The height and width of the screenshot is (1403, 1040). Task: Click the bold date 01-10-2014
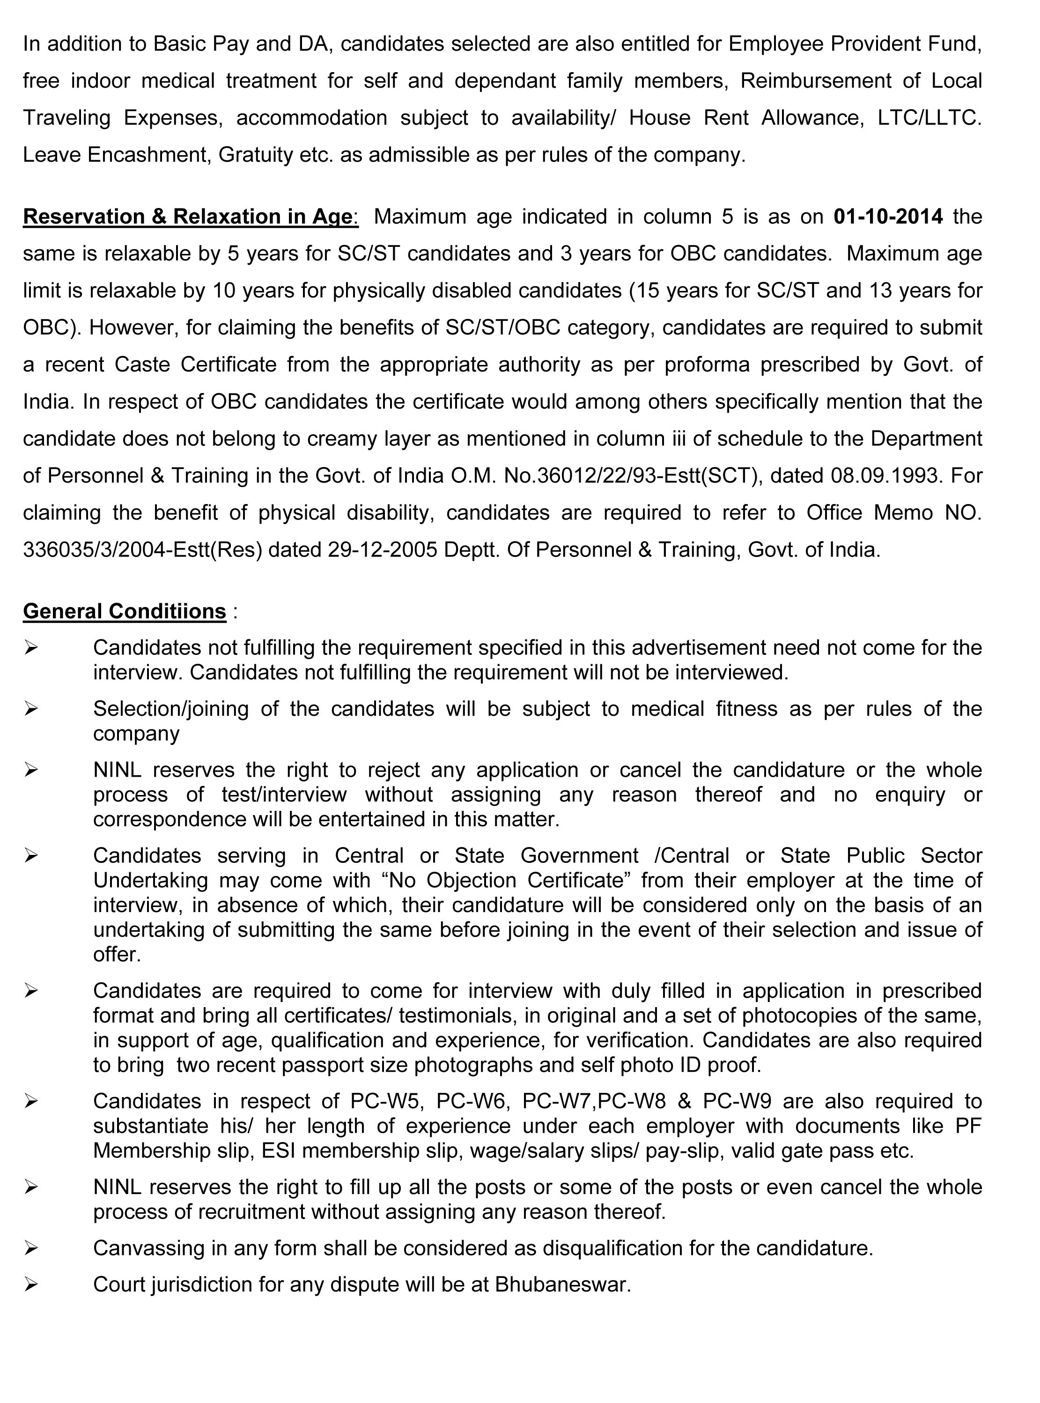[888, 216]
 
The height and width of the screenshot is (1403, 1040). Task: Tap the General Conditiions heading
[124, 611]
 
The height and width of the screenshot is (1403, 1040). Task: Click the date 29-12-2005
[382, 550]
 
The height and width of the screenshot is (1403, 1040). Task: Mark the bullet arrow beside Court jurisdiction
[31, 1284]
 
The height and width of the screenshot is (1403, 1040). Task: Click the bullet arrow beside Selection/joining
[31, 709]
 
